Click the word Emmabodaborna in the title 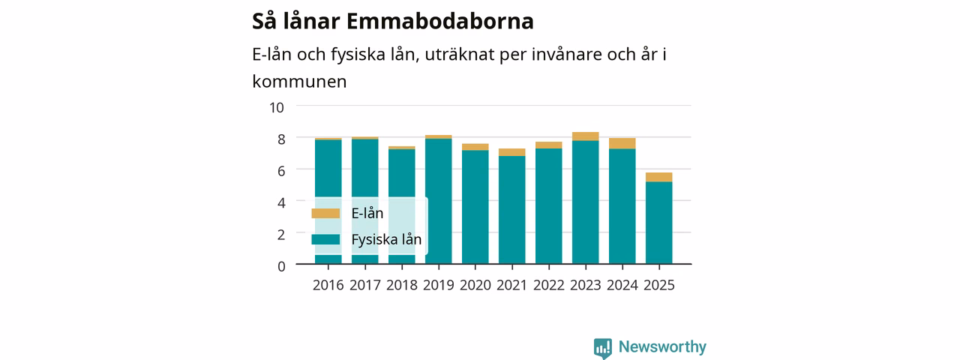pos(440,22)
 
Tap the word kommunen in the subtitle pos(299,82)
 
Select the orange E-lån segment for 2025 pos(658,178)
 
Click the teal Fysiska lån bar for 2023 pos(586,202)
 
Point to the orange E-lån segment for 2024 pos(622,143)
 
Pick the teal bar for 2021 pos(511,210)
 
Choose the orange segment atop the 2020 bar pos(475,147)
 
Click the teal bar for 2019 pos(439,202)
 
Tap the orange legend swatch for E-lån pos(325,214)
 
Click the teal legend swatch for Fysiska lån pos(325,239)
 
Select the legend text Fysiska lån pos(386,239)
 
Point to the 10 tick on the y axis pos(277,107)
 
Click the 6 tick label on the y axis pos(281,172)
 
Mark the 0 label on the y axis pos(281,266)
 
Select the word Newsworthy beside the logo pos(662,346)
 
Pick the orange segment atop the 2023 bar pos(586,136)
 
